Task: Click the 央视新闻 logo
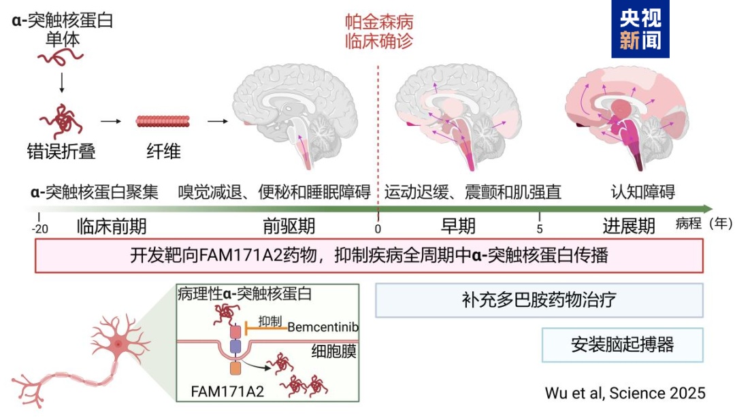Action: [x=640, y=29]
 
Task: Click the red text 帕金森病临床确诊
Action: [x=378, y=31]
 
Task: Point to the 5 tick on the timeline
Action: [x=540, y=227]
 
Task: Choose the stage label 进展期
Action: [x=629, y=225]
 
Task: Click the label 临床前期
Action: [x=112, y=225]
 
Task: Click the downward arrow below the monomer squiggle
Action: [x=62, y=82]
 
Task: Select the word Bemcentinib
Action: [x=323, y=327]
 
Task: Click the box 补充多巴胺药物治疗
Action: [x=539, y=300]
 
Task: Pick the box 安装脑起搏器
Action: [x=622, y=344]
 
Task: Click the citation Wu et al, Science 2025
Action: [x=625, y=393]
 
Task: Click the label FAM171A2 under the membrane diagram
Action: [x=218, y=392]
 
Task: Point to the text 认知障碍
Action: [x=643, y=192]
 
